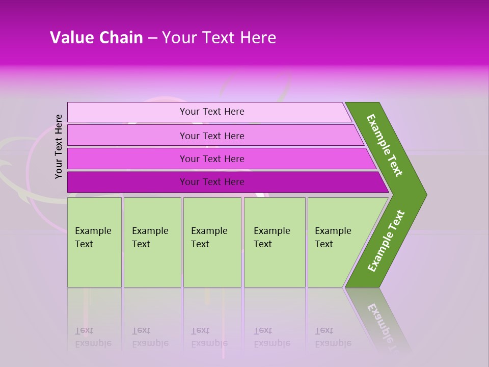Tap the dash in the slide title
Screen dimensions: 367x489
pyautogui.click(x=152, y=38)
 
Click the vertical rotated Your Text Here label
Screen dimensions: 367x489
pyautogui.click(x=59, y=146)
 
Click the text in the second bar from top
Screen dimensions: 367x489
pyautogui.click(x=212, y=136)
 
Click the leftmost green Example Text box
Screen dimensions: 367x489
pyautogui.click(x=94, y=242)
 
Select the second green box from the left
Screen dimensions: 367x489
pyautogui.click(x=152, y=242)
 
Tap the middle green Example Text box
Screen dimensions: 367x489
pyautogui.click(x=212, y=242)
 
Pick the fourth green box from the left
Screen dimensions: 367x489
pyautogui.click(x=275, y=242)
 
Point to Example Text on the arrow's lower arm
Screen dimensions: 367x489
pyautogui.click(x=386, y=241)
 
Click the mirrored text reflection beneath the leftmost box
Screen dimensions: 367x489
pyautogui.click(x=93, y=337)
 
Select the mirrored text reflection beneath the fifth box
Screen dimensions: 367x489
pyautogui.click(x=333, y=337)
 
